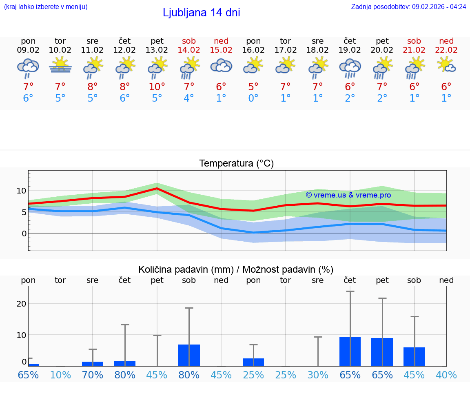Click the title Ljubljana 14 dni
[x=201, y=13]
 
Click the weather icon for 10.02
[x=60, y=65]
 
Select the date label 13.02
[x=157, y=50]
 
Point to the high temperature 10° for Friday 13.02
[x=157, y=87]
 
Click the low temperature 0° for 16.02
[x=253, y=98]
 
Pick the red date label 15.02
[x=221, y=50]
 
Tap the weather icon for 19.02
[x=350, y=68]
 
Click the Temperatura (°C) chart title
[x=236, y=164]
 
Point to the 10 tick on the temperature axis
[x=21, y=191]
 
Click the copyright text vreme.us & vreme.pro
[x=348, y=195]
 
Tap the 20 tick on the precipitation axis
[x=21, y=304]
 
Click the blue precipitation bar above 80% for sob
[x=189, y=355]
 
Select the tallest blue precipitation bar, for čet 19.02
[x=350, y=351]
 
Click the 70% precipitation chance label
[x=93, y=375]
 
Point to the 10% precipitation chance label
[x=60, y=375]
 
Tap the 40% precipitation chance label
[x=446, y=375]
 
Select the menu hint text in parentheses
[x=45, y=7]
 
